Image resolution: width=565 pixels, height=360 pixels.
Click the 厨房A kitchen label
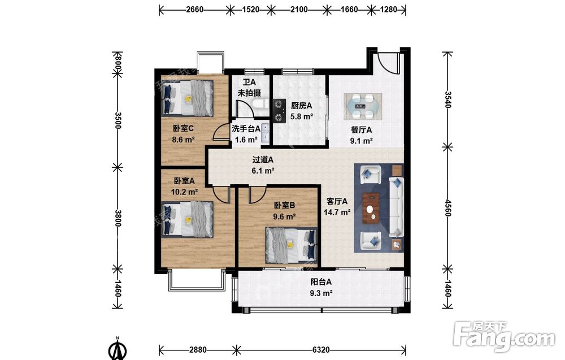(301, 106)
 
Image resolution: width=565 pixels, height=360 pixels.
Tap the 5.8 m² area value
(302, 117)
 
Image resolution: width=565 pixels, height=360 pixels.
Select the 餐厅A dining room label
(361, 130)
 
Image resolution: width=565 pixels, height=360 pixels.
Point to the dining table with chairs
(363, 106)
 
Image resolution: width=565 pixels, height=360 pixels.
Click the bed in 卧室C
(188, 98)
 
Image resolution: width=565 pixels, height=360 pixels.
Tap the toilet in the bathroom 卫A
(259, 105)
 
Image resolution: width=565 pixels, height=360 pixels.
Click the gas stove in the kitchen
(279, 111)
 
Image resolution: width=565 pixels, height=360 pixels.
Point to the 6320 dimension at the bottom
(321, 350)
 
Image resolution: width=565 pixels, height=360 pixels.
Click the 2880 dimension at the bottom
(198, 350)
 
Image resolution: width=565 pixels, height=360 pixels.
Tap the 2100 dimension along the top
(299, 10)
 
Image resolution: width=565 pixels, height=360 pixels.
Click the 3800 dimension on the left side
(118, 218)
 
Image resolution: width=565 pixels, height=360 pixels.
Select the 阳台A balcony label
(321, 282)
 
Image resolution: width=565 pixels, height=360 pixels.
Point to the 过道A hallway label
(263, 159)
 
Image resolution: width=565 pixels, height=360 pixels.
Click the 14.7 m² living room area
(337, 212)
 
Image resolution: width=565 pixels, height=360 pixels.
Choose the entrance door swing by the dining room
(388, 63)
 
